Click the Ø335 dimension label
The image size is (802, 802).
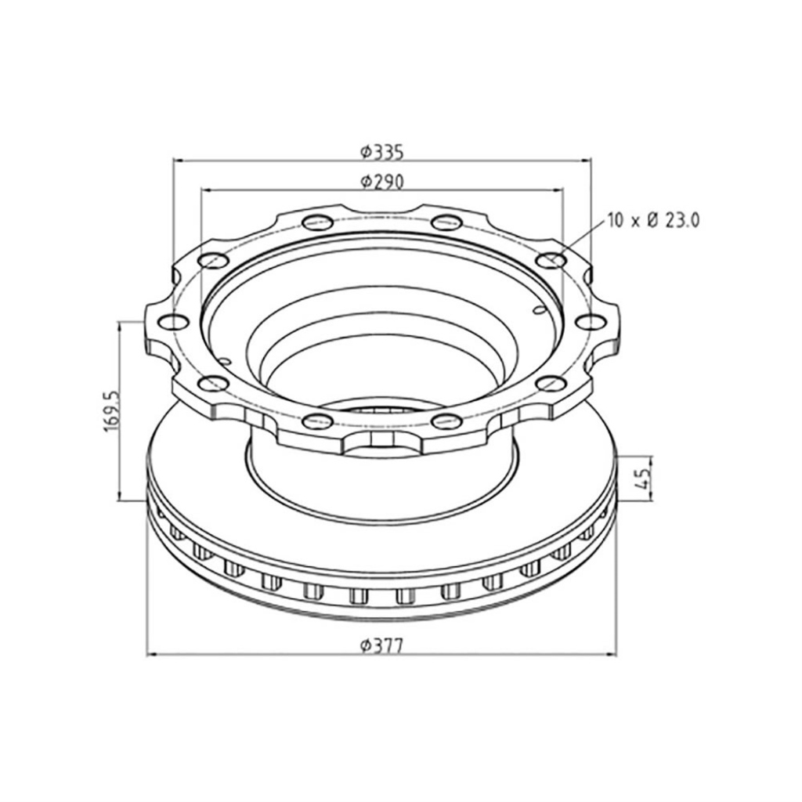pyautogui.click(x=382, y=152)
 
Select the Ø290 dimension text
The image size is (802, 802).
pyautogui.click(x=382, y=182)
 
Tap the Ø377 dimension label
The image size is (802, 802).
pyautogui.click(x=382, y=646)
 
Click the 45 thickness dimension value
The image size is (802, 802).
pyautogui.click(x=644, y=479)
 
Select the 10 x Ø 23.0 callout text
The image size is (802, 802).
pyautogui.click(x=653, y=220)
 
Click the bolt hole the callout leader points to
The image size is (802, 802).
pyautogui.click(x=551, y=260)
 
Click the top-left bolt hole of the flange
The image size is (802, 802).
pyautogui.click(x=318, y=222)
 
